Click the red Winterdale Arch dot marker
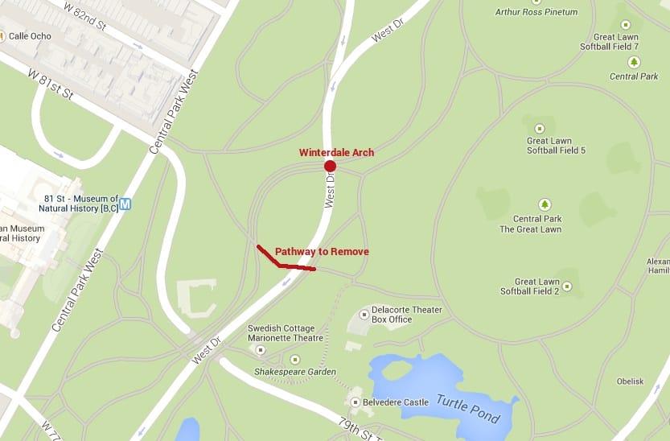point(330,167)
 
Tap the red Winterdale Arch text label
point(336,152)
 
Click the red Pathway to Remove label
point(322,252)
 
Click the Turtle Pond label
point(469,408)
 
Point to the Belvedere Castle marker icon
point(356,402)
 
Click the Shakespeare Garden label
point(294,372)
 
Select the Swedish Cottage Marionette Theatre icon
point(260,350)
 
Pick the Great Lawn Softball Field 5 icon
point(539,129)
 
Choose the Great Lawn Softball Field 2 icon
point(567,286)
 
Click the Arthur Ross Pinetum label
point(536,12)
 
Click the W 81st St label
point(51,84)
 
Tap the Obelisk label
point(631,381)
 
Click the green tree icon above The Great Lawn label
point(545,205)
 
